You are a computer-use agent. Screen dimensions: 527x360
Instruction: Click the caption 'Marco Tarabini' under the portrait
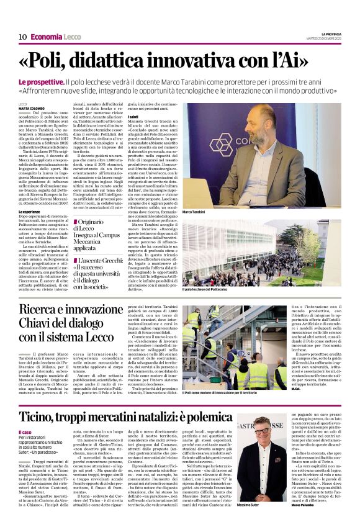[196, 212]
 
